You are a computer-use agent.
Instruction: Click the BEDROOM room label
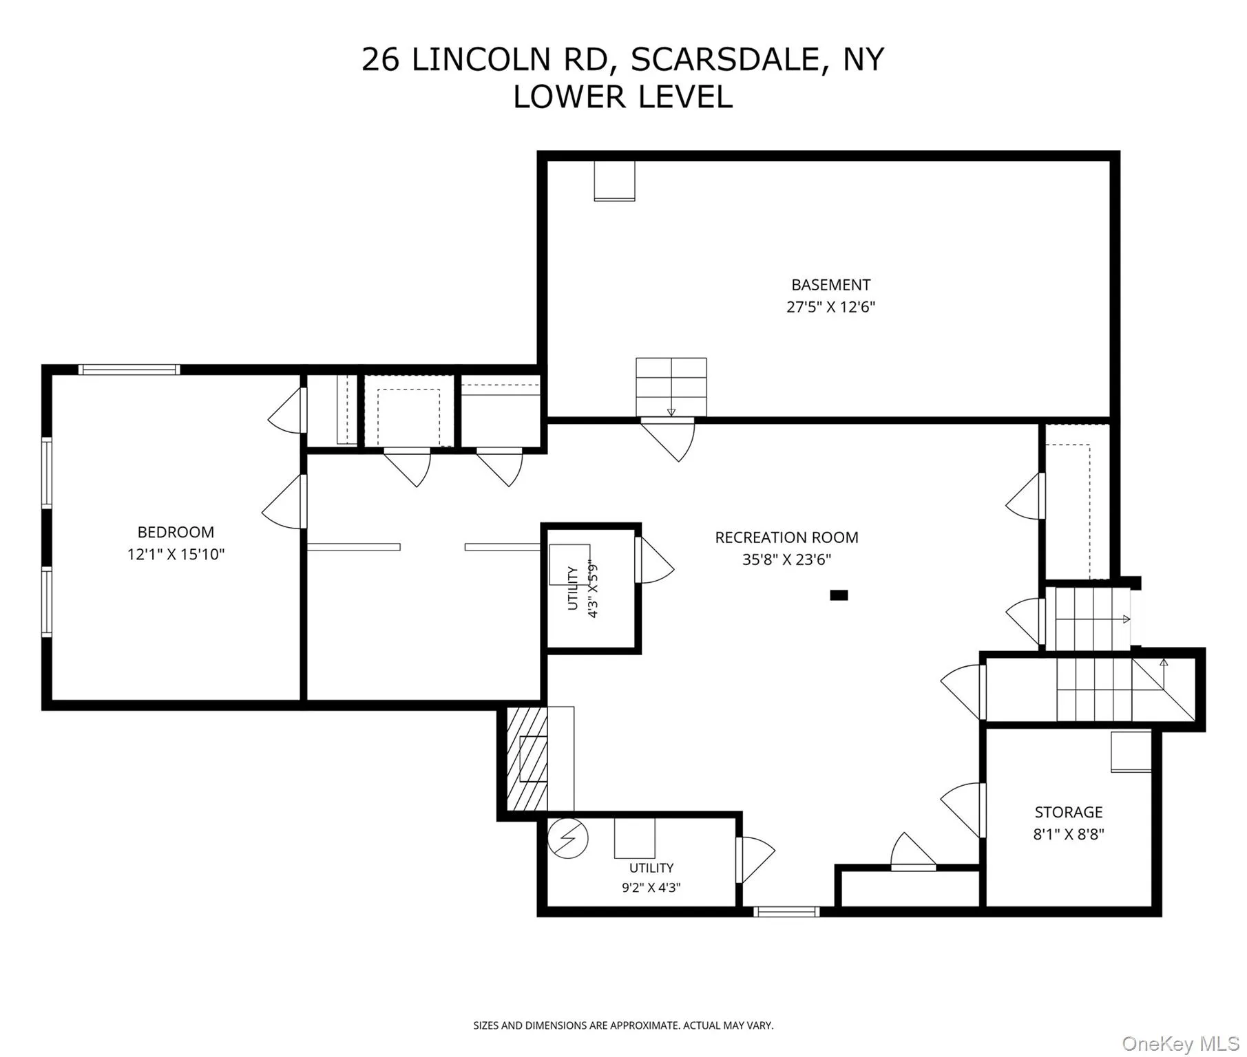(176, 532)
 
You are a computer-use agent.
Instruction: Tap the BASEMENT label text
(830, 285)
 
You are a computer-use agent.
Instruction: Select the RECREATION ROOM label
(786, 537)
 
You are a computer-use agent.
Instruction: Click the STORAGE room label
(1069, 812)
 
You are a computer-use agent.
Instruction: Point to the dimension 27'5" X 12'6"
(830, 307)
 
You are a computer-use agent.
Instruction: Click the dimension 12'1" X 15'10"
(176, 554)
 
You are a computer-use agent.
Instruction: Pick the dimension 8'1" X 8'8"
(1069, 834)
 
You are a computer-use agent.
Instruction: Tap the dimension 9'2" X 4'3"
(651, 888)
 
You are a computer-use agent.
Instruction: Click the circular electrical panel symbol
(568, 838)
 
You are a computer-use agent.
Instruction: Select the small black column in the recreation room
(839, 595)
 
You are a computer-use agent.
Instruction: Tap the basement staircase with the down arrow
(671, 387)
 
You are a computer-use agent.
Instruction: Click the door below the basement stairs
(668, 439)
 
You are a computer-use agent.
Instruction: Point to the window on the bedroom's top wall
(129, 370)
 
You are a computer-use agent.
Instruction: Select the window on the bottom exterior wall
(786, 912)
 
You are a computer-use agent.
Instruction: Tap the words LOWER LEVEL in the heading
(622, 97)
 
